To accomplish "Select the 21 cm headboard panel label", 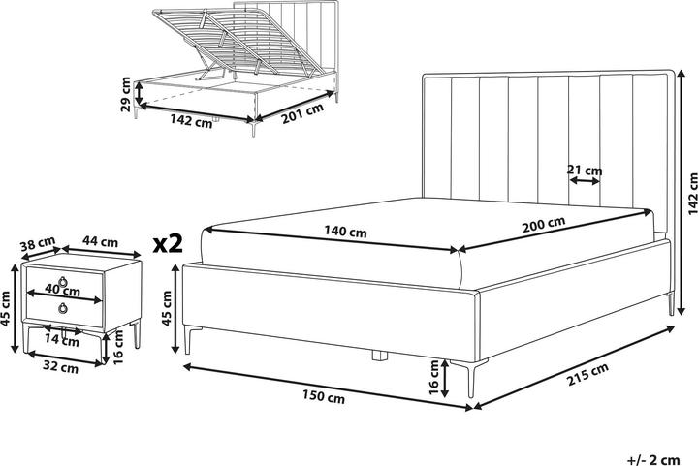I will click(x=585, y=171).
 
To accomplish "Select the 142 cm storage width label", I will click(x=190, y=122).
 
